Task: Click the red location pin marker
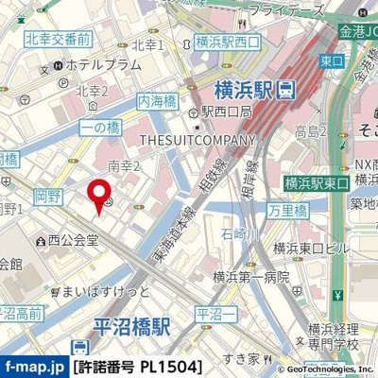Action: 97,196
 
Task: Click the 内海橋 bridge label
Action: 157,101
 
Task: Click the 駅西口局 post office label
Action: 222,112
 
